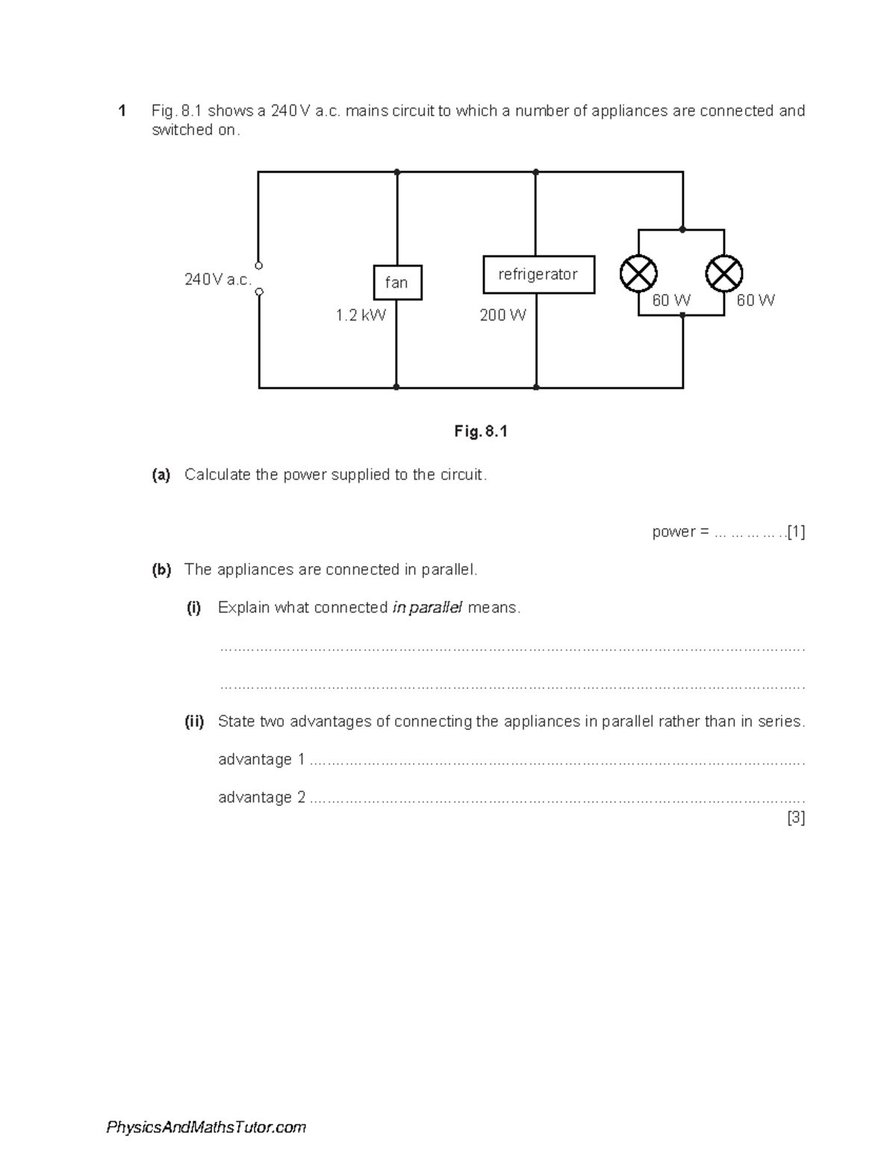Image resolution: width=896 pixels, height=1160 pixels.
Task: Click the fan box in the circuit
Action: (x=397, y=282)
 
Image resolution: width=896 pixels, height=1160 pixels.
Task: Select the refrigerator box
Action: (x=538, y=275)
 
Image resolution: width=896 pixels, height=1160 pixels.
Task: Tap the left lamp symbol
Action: (x=638, y=274)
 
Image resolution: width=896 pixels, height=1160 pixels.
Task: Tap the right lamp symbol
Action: (x=724, y=274)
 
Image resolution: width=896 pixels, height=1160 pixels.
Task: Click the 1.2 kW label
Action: (x=361, y=315)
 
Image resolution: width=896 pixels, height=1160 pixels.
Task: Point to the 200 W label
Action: (x=503, y=315)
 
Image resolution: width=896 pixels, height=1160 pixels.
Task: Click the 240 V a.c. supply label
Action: (x=217, y=280)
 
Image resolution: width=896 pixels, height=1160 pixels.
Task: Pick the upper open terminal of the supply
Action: (x=258, y=265)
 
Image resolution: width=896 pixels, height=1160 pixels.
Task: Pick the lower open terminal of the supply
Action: (x=258, y=292)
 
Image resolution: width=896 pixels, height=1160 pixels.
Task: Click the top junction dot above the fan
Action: (x=397, y=172)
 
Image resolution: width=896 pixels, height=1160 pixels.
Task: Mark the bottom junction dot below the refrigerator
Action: (x=536, y=387)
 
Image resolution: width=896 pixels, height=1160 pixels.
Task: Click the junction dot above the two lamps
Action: (x=682, y=229)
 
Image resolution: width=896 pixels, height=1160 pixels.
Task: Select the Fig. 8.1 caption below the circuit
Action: (x=481, y=432)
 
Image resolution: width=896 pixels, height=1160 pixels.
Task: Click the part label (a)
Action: (x=161, y=475)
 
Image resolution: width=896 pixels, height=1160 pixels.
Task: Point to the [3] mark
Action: (x=796, y=818)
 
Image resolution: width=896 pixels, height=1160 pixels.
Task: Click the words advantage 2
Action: (x=261, y=798)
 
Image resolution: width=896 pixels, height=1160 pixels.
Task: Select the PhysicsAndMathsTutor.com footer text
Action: (x=206, y=1127)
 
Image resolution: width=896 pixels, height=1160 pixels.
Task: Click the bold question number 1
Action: (x=121, y=111)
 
